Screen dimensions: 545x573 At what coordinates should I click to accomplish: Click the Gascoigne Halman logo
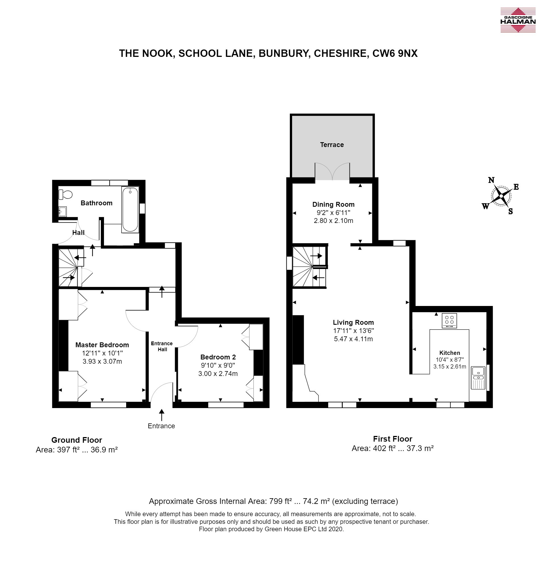[x=518, y=20]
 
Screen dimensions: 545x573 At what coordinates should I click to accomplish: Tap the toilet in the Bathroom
[x=65, y=194]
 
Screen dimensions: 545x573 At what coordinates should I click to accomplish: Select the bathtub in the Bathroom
[x=130, y=209]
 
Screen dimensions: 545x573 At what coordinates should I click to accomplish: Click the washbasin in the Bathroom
[x=63, y=211]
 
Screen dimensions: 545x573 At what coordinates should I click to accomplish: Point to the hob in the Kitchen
[x=449, y=320]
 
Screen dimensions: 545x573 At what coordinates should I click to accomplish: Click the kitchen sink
[x=478, y=378]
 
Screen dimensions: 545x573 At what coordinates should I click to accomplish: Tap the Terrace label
[x=332, y=145]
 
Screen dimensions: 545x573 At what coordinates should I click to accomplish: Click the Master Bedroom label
[x=102, y=345]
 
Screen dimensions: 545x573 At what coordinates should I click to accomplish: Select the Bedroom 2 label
[x=218, y=357]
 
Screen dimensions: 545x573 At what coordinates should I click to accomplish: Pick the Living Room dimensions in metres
[x=353, y=339]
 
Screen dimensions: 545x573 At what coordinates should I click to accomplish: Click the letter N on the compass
[x=491, y=180]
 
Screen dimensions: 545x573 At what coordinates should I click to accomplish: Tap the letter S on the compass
[x=510, y=212]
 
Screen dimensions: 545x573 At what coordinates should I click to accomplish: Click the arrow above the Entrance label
[x=161, y=415]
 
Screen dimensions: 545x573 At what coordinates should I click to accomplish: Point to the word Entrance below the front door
[x=161, y=426]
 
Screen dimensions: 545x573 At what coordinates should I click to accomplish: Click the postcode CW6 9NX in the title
[x=395, y=53]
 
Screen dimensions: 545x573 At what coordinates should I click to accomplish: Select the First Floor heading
[x=392, y=439]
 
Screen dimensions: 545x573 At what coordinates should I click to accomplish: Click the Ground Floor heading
[x=77, y=440]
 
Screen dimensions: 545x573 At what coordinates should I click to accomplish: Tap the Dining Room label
[x=333, y=204]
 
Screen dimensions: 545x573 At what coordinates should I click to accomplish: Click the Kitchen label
[x=450, y=353]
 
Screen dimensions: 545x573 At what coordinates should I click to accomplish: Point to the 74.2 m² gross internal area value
[x=316, y=501]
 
